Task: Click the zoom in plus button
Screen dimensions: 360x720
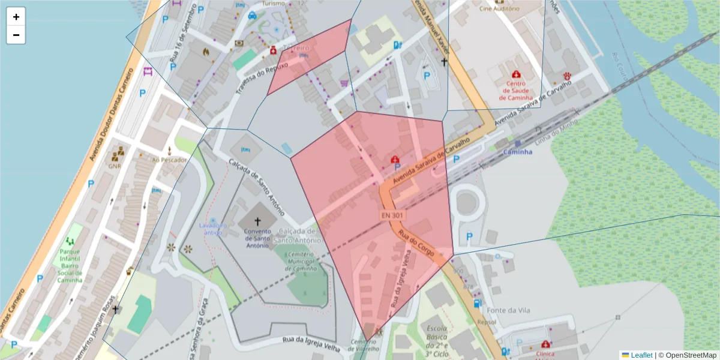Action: click(16, 17)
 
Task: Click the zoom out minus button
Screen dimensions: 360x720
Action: click(16, 35)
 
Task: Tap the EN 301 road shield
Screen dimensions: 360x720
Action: click(392, 215)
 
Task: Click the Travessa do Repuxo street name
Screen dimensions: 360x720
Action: click(262, 77)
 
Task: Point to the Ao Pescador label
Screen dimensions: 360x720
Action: click(170, 160)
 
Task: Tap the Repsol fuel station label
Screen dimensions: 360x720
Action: click(487, 322)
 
